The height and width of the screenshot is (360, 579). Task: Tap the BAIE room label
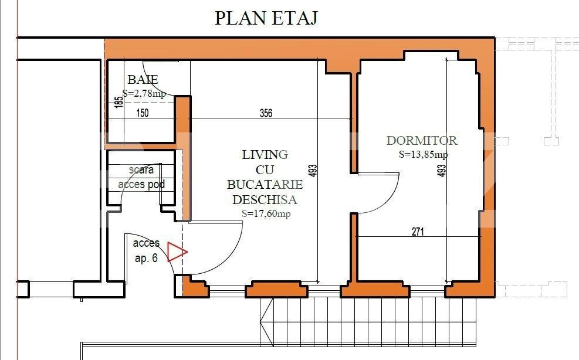click(x=143, y=80)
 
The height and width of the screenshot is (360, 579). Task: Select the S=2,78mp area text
click(x=144, y=93)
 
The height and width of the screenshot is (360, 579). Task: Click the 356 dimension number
click(x=266, y=113)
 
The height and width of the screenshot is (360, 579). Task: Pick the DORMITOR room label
click(x=422, y=141)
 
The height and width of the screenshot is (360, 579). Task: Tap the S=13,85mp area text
click(x=422, y=155)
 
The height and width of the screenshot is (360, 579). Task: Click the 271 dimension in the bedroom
click(x=417, y=232)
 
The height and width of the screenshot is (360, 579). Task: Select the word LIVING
click(x=265, y=155)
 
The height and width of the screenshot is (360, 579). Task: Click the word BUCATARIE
click(x=265, y=185)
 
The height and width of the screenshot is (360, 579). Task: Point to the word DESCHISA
click(x=265, y=200)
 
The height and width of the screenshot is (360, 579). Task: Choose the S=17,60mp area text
click(x=266, y=214)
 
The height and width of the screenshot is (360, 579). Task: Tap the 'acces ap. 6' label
click(x=146, y=250)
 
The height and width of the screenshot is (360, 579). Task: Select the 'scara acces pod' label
click(x=141, y=177)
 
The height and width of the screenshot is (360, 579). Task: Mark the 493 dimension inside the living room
click(x=313, y=171)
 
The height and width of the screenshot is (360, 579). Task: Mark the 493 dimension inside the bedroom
click(x=442, y=171)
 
